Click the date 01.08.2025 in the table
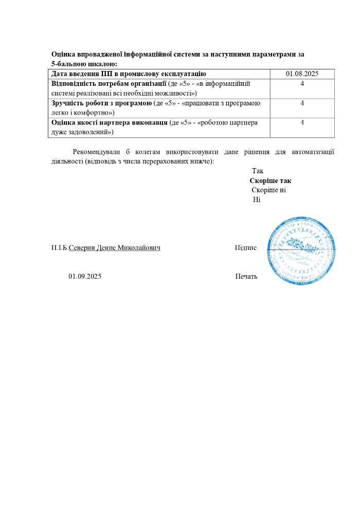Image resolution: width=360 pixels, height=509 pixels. (302, 74)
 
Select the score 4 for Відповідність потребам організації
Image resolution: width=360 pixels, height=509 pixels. (302, 83)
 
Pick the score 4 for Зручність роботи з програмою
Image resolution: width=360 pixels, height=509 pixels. (302, 103)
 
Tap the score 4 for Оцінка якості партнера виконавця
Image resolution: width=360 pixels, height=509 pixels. (302, 122)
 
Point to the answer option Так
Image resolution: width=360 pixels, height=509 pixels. (257, 171)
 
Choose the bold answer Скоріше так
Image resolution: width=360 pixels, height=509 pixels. (271, 181)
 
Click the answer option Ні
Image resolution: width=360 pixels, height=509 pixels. (257, 199)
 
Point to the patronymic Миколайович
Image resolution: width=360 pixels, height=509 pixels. (139, 248)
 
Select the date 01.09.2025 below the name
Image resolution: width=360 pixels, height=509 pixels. (85, 277)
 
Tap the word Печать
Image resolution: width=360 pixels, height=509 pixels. (246, 277)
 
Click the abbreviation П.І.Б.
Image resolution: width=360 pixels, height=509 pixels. (60, 248)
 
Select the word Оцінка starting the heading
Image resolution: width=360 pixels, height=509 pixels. (63, 54)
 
